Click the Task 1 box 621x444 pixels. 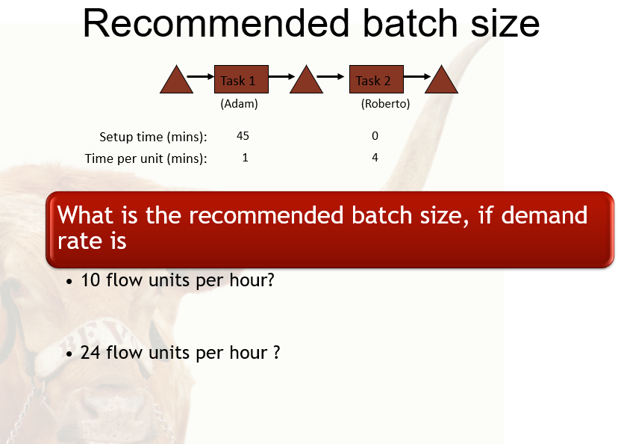click(x=241, y=80)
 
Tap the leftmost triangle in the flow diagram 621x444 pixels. click(x=176, y=81)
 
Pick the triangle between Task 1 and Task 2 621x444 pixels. click(x=306, y=81)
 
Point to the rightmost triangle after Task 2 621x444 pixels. click(x=441, y=81)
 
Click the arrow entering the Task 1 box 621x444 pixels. click(x=200, y=75)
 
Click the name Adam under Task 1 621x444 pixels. click(x=239, y=105)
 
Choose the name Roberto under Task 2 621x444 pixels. click(x=385, y=105)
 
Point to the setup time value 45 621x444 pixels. click(x=243, y=136)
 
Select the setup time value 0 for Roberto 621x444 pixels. click(x=375, y=136)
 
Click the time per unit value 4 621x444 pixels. click(x=375, y=158)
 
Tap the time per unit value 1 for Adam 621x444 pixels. click(x=245, y=158)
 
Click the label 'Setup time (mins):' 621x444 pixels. click(x=153, y=137)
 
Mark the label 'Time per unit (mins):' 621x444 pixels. click(x=146, y=158)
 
